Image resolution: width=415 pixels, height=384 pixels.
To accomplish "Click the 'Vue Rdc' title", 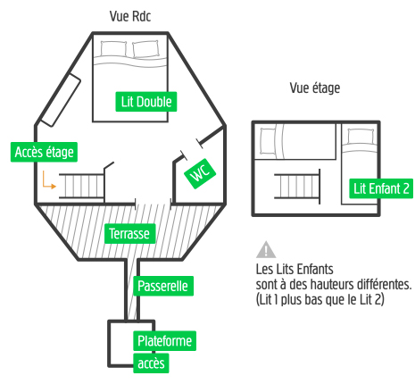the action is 130,16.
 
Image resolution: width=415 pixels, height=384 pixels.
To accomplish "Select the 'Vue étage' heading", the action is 315,88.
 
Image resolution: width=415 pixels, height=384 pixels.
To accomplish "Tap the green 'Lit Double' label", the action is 146,102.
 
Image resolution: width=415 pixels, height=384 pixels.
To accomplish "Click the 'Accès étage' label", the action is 44,152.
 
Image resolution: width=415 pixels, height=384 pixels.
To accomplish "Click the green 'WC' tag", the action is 200,173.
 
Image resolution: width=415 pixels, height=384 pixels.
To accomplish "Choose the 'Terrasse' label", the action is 129,234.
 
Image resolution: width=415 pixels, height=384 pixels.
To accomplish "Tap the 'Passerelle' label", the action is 163,286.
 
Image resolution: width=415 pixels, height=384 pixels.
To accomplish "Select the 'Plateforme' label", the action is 164,341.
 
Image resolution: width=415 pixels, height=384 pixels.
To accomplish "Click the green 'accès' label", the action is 151,363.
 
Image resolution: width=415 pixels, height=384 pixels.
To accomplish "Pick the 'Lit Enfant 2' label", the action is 381,188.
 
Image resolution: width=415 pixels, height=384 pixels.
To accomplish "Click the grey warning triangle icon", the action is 266,249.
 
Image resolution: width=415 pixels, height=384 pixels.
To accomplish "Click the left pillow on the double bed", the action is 113,48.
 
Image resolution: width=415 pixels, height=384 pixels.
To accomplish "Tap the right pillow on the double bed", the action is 145,49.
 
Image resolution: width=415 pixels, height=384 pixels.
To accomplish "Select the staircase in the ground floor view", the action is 82,186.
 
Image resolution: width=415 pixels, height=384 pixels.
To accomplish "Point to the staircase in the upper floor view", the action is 297,186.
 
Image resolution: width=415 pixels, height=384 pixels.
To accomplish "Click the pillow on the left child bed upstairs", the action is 268,141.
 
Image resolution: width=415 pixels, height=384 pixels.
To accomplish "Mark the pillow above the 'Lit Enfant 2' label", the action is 361,137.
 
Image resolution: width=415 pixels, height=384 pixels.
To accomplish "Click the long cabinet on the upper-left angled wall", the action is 61,100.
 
